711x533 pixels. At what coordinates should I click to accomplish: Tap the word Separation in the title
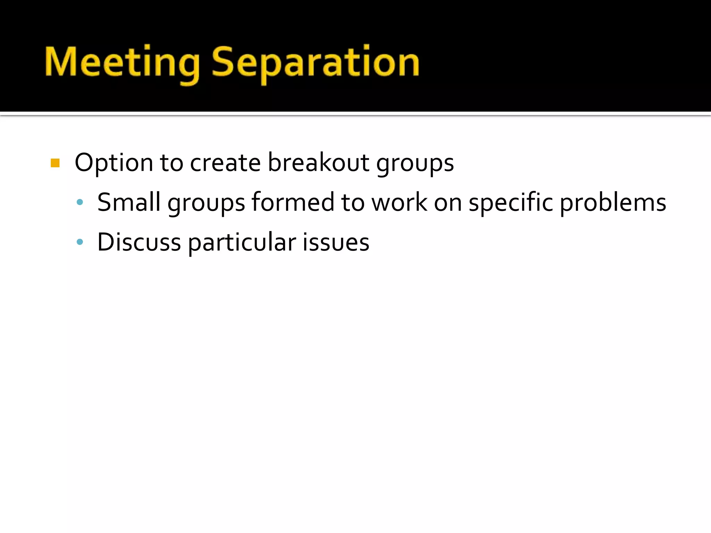click(x=315, y=62)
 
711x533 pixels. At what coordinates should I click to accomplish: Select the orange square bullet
click(x=55, y=163)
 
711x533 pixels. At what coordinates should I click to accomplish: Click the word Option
click(x=114, y=163)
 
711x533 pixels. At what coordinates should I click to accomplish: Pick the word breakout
click(x=318, y=163)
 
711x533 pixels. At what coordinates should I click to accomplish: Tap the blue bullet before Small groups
click(x=80, y=202)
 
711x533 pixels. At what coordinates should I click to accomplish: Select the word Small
click(x=129, y=202)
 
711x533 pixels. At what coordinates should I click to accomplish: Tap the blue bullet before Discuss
click(x=80, y=242)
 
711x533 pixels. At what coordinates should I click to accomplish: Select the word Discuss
click(x=139, y=242)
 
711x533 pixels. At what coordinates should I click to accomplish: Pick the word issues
click(x=336, y=242)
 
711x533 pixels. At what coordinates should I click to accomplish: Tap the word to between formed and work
click(x=353, y=202)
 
